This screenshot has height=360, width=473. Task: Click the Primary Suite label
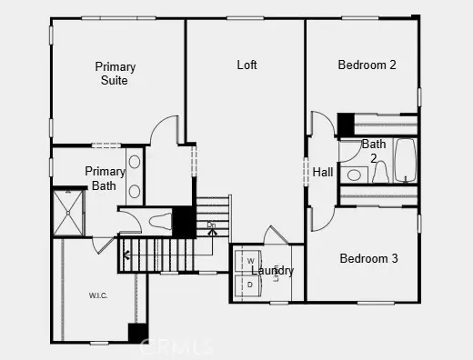(116, 74)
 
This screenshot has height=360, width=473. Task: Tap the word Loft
(247, 65)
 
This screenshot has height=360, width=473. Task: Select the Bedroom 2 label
(367, 65)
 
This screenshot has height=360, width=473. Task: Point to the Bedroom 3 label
(368, 259)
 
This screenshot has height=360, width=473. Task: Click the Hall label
(323, 172)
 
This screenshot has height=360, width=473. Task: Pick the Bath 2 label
(374, 151)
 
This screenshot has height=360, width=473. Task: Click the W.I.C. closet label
(99, 295)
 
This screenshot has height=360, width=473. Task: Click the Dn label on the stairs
(211, 225)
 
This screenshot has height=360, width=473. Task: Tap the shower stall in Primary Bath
(68, 212)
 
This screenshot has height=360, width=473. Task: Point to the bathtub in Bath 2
(405, 161)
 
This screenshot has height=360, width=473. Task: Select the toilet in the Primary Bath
(158, 220)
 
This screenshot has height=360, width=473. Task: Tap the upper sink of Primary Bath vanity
(135, 163)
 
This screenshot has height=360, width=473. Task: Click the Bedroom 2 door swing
(323, 125)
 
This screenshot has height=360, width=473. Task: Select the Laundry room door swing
(276, 235)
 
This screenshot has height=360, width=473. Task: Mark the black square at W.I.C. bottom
(137, 333)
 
